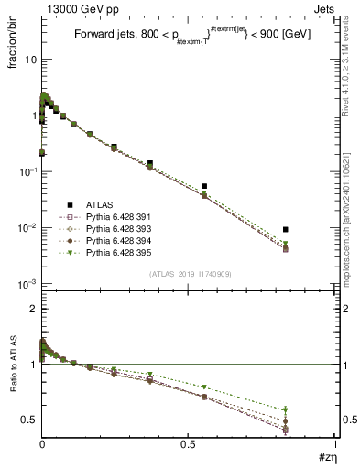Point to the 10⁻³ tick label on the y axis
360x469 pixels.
tap(25, 284)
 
